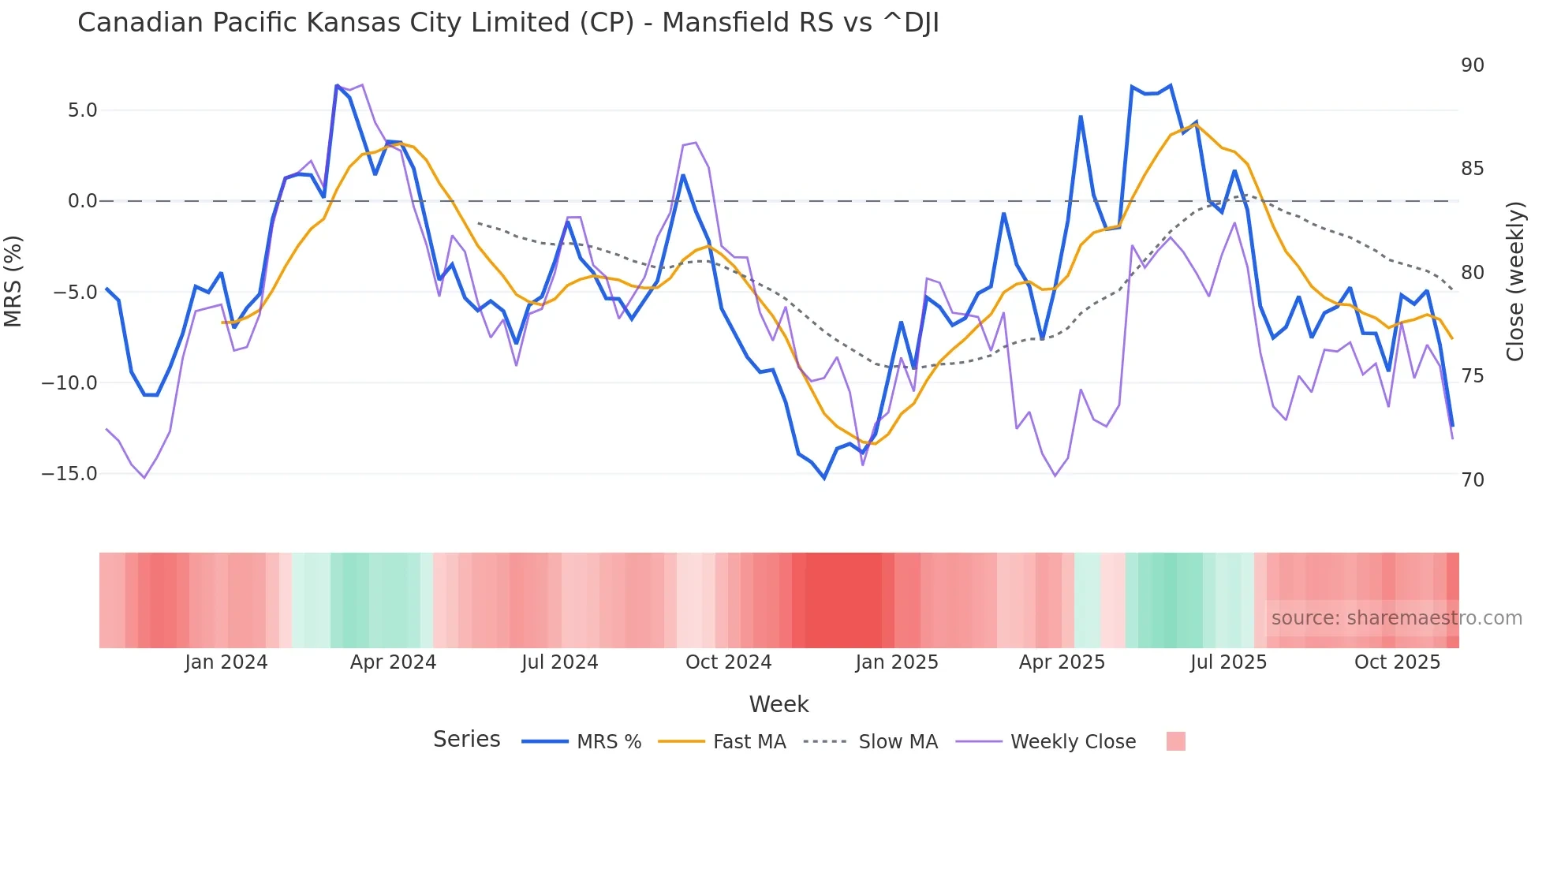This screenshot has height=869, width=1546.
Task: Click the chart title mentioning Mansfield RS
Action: click(x=508, y=23)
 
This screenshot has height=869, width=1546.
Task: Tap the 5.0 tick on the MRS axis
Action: click(x=82, y=110)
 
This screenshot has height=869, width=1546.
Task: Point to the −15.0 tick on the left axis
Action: click(x=69, y=474)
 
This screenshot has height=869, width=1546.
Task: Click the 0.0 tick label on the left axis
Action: click(x=82, y=201)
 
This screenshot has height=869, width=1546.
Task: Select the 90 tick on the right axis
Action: click(x=1472, y=65)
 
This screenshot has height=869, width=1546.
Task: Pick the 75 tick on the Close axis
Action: click(x=1472, y=376)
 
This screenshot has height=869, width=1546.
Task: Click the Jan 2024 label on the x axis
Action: click(x=226, y=662)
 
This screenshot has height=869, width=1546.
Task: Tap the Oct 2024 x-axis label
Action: click(x=728, y=662)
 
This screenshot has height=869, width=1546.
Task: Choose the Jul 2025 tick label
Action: click(x=1228, y=662)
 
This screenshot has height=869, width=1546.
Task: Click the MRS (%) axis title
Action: click(x=13, y=282)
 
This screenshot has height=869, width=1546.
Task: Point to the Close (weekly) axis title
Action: click(x=1514, y=282)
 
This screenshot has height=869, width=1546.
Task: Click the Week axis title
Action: click(x=779, y=704)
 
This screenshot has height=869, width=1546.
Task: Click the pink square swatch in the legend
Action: click(x=1175, y=741)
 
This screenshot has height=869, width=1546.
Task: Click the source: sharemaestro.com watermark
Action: click(x=1396, y=618)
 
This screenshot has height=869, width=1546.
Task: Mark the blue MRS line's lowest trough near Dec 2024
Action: click(x=824, y=478)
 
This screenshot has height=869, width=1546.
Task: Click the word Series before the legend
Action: click(x=466, y=740)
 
